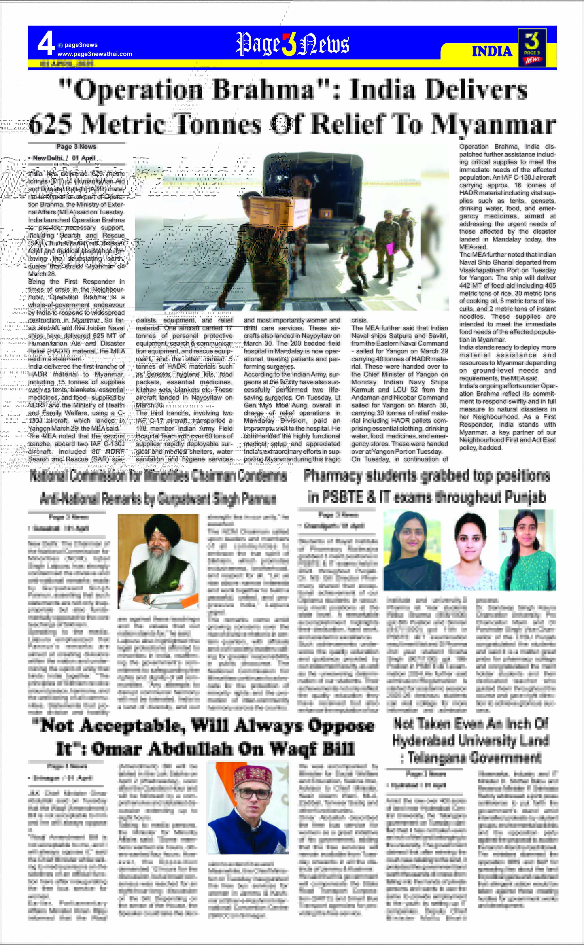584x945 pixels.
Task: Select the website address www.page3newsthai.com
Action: click(95, 54)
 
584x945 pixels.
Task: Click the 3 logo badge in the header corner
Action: click(532, 47)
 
